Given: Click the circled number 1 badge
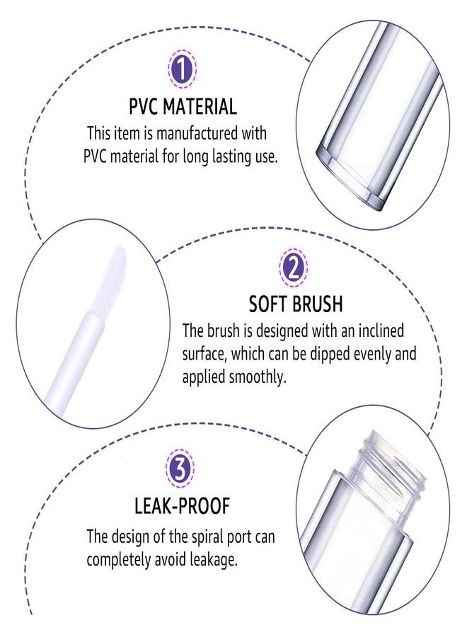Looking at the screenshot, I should (x=182, y=69).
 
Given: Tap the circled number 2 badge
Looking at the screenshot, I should (x=294, y=268).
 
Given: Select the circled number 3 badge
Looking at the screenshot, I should (x=181, y=468).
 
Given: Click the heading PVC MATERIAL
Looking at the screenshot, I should (x=182, y=107).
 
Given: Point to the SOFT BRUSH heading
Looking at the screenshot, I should (x=295, y=304).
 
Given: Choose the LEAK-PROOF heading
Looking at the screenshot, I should (x=182, y=506).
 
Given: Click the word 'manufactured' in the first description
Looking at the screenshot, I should (x=189, y=133).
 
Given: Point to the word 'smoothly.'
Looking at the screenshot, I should (x=255, y=377).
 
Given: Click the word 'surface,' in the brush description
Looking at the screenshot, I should (x=209, y=353).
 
